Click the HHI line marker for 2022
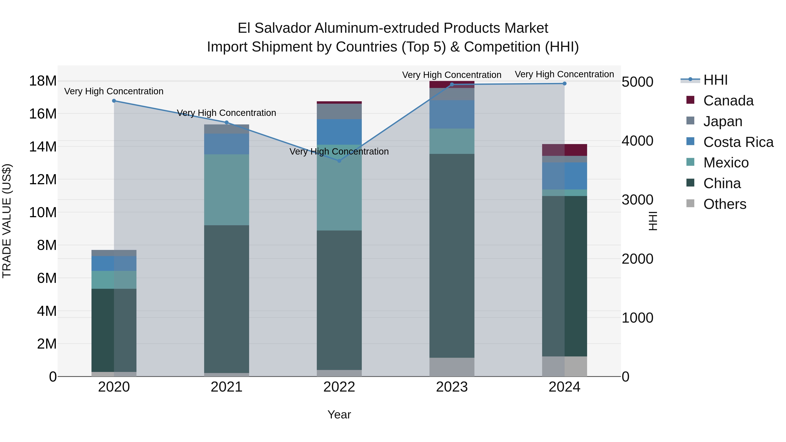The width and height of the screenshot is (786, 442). (x=339, y=161)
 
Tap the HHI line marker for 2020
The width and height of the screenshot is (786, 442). (x=114, y=101)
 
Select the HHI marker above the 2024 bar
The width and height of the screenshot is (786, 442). (x=564, y=84)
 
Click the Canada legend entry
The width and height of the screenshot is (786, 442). (x=728, y=101)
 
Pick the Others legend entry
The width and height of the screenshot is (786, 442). (x=724, y=204)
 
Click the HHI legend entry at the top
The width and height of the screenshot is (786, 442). (x=715, y=80)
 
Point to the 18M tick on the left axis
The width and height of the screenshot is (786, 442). (x=43, y=81)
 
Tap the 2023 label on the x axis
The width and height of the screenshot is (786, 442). (x=452, y=387)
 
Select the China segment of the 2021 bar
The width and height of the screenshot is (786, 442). (x=226, y=299)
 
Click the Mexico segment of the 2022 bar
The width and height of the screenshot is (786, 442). (x=339, y=195)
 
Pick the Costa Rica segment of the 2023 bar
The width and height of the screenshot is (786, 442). (x=452, y=114)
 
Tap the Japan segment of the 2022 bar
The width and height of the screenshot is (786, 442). (x=339, y=111)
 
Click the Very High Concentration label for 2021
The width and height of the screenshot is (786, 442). (x=226, y=113)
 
